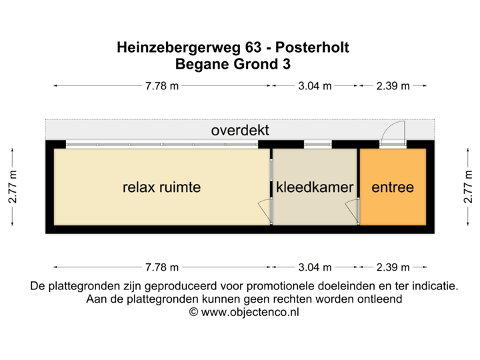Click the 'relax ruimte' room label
coord(161,187)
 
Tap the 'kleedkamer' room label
coord(314,187)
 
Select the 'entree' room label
coord(393,187)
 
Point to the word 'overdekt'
coord(240,130)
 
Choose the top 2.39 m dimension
coord(393,86)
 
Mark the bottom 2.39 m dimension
coord(393,267)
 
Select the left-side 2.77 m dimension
coord(13,187)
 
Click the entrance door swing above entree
coord(393,133)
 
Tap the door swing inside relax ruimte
coord(264,211)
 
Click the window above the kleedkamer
coord(313,144)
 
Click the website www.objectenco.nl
coord(243,311)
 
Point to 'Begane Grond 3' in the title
coord(233,64)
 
